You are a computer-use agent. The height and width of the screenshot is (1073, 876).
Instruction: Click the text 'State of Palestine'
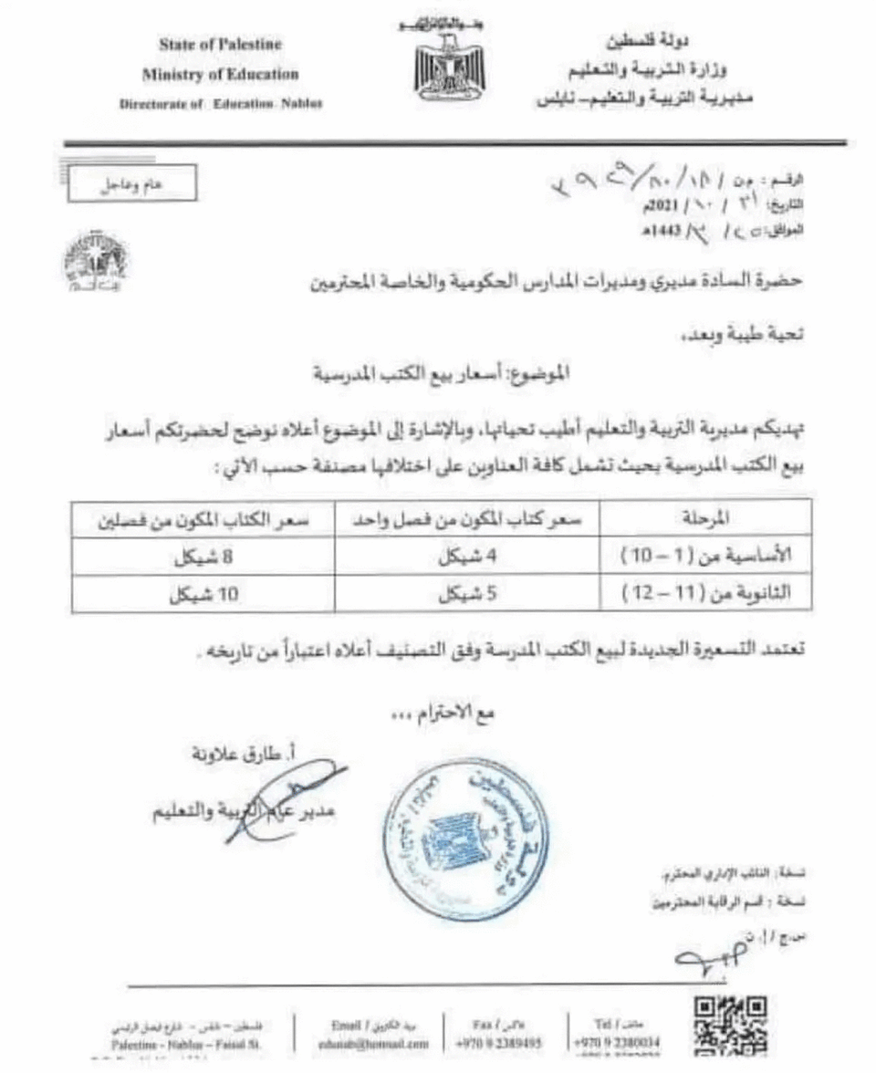220,45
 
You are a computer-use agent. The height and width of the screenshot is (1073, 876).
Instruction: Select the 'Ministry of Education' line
220,74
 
